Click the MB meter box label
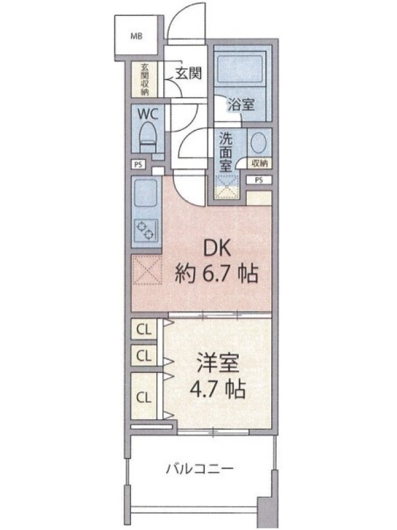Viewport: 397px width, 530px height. (136, 36)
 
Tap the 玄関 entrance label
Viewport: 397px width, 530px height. (189, 73)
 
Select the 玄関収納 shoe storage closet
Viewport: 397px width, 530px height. (144, 79)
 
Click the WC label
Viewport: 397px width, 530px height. (148, 114)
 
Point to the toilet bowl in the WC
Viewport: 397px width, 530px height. (148, 137)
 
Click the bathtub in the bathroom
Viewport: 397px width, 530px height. (240, 68)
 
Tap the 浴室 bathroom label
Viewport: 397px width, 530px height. (241, 105)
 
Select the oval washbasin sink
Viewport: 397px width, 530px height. (259, 142)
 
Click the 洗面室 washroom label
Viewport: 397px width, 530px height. (225, 152)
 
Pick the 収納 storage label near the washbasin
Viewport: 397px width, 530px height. (259, 164)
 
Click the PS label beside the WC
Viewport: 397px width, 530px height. (138, 165)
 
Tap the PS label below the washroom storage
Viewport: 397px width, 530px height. (259, 180)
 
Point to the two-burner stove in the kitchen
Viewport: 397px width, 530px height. (146, 230)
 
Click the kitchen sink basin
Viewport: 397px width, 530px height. (146, 193)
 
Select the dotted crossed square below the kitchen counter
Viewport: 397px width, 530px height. (146, 270)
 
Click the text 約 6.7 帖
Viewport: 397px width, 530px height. (216, 274)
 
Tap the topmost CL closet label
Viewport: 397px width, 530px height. (144, 329)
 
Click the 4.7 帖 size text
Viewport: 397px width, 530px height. (218, 390)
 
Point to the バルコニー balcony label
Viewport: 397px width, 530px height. (200, 469)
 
